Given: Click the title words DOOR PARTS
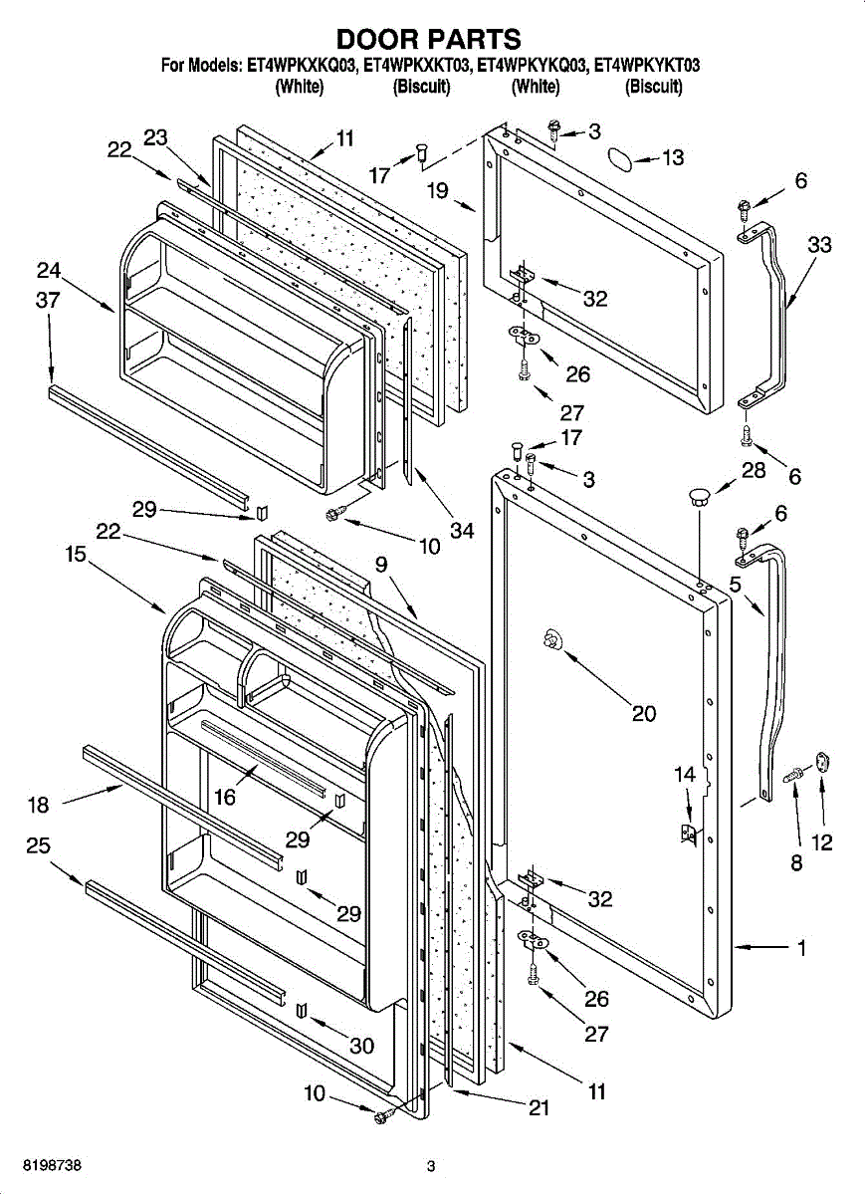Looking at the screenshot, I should [x=429, y=39].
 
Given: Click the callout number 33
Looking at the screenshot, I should [x=819, y=245].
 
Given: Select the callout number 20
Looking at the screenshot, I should [x=644, y=713].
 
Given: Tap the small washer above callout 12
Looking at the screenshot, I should [x=823, y=762].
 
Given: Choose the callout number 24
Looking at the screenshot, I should [x=49, y=270].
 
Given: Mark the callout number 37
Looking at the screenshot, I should [x=49, y=300].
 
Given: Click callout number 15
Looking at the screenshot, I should [x=76, y=555].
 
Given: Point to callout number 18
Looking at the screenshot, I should [x=37, y=806].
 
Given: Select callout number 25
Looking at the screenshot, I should [x=38, y=846].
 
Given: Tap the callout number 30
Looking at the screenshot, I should [x=361, y=1046].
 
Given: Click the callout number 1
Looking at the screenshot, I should [x=801, y=948].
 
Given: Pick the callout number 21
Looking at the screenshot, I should [x=539, y=1108].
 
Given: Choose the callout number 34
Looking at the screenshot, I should [x=462, y=531].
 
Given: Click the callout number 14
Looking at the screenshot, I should [x=685, y=774].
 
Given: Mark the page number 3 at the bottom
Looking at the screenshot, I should [x=431, y=1166].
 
